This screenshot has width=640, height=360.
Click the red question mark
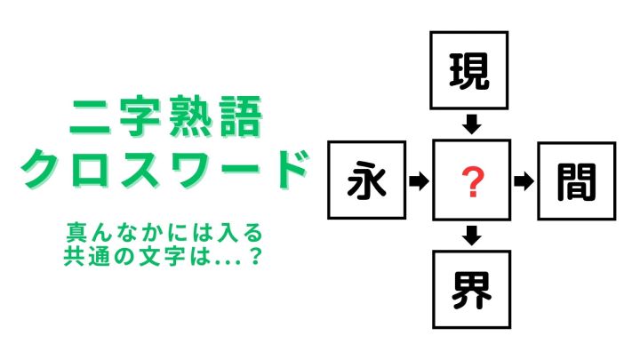(472, 183)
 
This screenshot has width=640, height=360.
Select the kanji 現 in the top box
(469, 71)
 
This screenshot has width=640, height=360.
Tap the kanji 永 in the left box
(366, 180)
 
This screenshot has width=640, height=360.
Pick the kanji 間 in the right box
(576, 182)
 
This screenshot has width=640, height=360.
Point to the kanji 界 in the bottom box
(471, 291)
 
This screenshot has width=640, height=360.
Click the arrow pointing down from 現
(471, 124)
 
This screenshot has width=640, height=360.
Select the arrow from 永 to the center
(419, 180)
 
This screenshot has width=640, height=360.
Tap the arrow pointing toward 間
(524, 181)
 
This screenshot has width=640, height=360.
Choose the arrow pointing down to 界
(472, 236)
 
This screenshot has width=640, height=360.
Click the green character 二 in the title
(90, 117)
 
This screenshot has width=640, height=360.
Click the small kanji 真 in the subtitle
(76, 233)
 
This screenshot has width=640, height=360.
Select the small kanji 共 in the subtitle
(74, 256)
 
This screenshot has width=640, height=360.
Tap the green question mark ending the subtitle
(255, 256)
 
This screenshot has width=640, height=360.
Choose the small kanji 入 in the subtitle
(227, 233)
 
